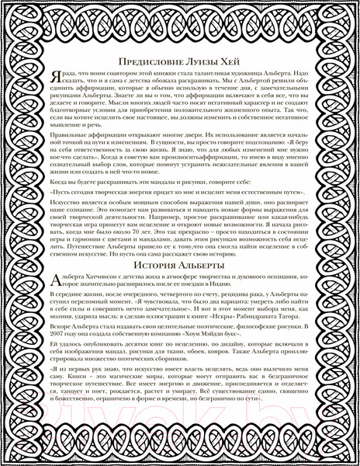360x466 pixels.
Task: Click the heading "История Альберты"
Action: point(180,266)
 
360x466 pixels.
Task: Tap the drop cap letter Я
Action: point(51,78)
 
